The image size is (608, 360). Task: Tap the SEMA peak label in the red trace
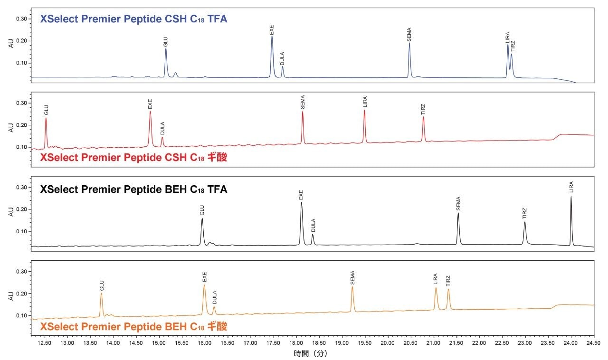[303, 103]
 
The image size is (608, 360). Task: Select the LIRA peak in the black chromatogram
[571, 198]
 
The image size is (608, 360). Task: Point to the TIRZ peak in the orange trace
[448, 290]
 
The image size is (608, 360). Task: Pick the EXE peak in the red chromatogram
[150, 113]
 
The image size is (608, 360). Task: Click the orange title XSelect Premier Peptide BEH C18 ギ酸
[133, 327]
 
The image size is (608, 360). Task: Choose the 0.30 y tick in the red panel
[22, 103]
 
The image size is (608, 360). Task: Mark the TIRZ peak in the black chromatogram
[525, 223]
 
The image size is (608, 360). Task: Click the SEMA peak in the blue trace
[409, 44]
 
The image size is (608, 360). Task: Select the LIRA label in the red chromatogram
[365, 102]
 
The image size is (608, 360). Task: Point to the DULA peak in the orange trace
[214, 308]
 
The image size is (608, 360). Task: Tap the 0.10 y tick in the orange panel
[22, 315]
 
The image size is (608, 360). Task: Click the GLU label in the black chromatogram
[202, 209]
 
